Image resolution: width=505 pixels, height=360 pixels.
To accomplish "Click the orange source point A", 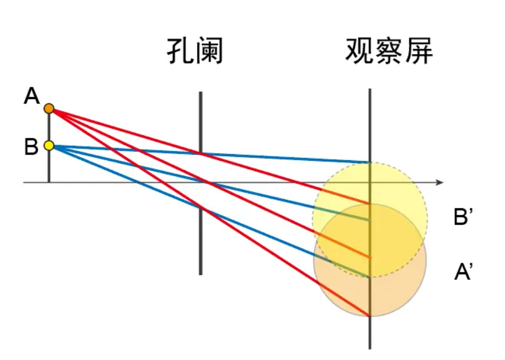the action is (x=49, y=109).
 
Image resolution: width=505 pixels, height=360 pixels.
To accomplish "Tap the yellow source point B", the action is (x=49, y=146).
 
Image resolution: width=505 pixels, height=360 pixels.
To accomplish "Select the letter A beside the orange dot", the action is (x=32, y=96).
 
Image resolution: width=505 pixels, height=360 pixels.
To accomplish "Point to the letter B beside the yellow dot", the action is (x=31, y=147).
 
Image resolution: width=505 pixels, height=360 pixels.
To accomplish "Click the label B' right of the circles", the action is (x=463, y=216).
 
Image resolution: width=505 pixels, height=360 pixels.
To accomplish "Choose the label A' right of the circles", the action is (x=463, y=272).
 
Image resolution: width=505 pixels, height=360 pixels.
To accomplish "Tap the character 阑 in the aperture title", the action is (x=209, y=51).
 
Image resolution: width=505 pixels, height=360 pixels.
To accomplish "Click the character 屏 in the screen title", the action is (x=418, y=51).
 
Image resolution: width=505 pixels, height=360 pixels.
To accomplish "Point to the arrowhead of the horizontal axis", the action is (x=440, y=183).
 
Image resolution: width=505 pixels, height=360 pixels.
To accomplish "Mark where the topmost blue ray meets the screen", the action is (x=370, y=162).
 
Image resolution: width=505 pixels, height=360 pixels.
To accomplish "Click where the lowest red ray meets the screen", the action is (x=370, y=316).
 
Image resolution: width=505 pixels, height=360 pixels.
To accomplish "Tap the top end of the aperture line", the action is (x=201, y=92).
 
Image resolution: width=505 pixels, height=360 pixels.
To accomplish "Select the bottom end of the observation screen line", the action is (x=370, y=348).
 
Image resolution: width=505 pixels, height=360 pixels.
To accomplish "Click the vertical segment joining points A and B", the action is (x=49, y=127).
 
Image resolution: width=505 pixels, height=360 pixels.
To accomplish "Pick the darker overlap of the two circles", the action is (x=370, y=240).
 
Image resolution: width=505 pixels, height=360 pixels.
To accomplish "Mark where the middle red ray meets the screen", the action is (x=370, y=258).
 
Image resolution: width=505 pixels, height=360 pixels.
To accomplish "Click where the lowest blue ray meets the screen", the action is (x=370, y=277).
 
